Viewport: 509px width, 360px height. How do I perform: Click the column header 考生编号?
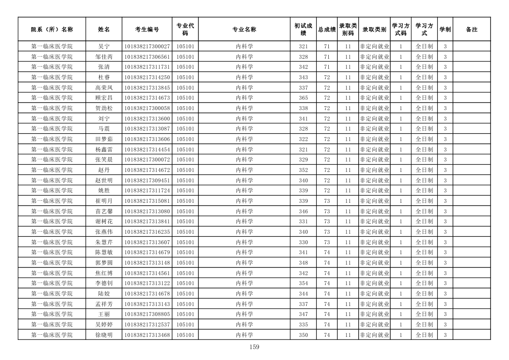tap(147, 30)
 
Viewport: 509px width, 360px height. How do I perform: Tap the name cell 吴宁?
tap(104, 47)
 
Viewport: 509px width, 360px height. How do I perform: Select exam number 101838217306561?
tap(147, 57)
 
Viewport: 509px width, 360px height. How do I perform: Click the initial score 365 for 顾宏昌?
tap(303, 98)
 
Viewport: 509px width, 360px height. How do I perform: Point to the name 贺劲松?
tap(104, 108)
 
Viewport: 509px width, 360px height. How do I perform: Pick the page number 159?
tap(254, 347)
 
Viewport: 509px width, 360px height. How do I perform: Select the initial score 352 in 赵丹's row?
tap(303, 170)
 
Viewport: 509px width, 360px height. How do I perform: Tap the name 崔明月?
tap(104, 201)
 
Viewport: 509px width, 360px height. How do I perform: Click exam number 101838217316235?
tap(147, 232)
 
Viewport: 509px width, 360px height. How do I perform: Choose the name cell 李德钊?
tap(104, 283)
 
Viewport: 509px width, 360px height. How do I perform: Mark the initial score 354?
tap(303, 283)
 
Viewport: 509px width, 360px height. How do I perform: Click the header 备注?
tap(472, 30)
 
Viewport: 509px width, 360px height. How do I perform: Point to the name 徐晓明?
tap(104, 335)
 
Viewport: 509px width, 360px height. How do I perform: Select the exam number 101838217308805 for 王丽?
tap(147, 314)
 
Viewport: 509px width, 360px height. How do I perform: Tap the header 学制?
tap(445, 30)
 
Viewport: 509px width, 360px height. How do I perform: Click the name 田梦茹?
tap(104, 139)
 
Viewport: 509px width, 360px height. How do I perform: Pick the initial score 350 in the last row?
tap(303, 335)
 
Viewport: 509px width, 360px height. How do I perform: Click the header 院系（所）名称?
tap(52, 30)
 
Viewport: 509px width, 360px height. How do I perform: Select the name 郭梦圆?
tap(104, 263)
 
